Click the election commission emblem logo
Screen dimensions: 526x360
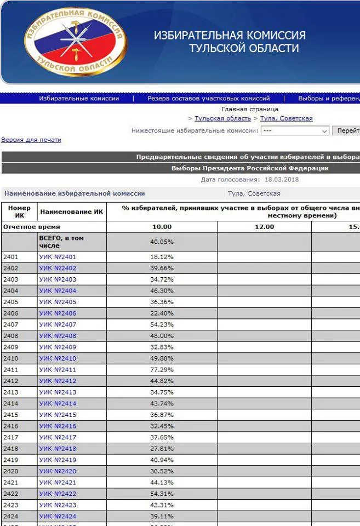[75, 42]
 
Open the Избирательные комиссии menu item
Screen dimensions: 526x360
[79, 99]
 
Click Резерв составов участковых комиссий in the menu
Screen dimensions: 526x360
[208, 99]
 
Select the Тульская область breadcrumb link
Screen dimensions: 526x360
[222, 118]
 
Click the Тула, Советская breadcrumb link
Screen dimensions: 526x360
[286, 118]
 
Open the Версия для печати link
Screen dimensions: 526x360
[31, 140]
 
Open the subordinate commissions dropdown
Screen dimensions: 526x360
[294, 131]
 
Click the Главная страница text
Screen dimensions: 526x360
[249, 109]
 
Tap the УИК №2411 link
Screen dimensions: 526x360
[58, 370]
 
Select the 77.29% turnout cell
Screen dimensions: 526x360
[162, 370]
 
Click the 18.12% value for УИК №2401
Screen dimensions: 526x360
[162, 256]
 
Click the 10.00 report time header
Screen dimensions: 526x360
[162, 227]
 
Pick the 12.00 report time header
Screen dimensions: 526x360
[264, 227]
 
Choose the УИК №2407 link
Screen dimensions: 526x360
[58, 324]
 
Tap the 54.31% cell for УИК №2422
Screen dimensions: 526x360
[162, 494]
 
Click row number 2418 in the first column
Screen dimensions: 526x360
[11, 449]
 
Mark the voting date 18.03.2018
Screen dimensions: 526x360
[282, 180]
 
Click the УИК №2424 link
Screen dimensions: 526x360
[58, 516]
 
